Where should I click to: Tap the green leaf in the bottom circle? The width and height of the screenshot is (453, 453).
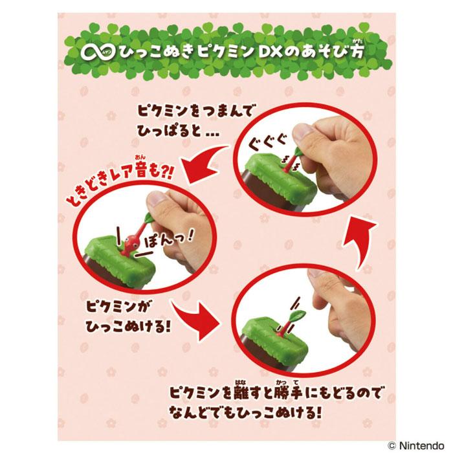(x=298, y=314)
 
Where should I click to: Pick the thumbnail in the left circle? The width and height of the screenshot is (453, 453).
(x=157, y=199)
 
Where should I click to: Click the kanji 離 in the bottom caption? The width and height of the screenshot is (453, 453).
(x=241, y=392)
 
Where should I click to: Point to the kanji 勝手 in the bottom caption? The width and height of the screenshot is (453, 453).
(x=287, y=392)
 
